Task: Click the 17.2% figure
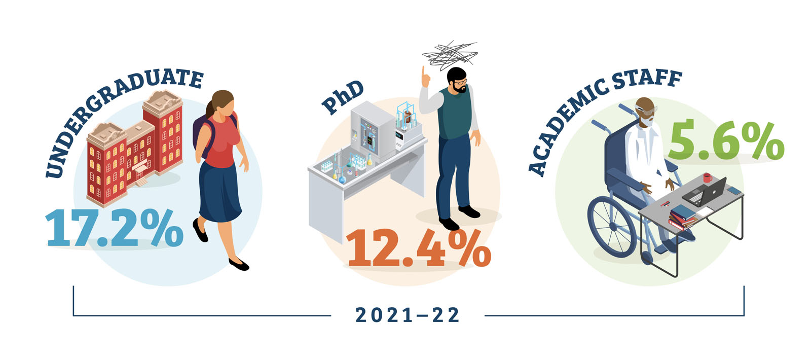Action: point(114,228)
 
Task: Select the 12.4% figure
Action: point(418,248)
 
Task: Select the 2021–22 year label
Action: point(408,315)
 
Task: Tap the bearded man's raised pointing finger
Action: point(423,71)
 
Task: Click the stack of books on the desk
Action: point(682,218)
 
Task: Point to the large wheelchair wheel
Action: point(612,226)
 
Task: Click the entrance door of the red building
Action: point(140,174)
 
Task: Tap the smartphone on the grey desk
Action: point(734,191)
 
